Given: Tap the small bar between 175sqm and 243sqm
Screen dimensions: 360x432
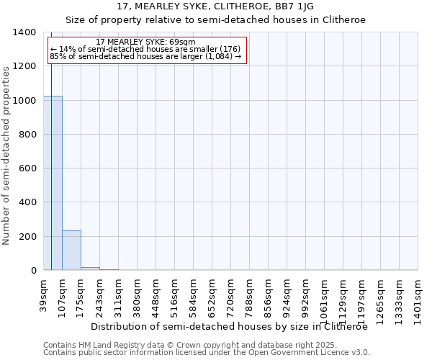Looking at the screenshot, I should click(x=90, y=269).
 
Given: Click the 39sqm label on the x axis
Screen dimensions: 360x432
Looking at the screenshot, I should click(x=44, y=294).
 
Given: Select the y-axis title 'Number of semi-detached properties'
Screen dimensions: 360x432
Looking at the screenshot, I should click(x=6, y=155).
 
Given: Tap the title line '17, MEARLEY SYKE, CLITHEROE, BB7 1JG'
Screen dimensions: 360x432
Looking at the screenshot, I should click(x=215, y=7).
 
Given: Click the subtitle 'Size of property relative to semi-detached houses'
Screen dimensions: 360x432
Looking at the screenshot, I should click(x=215, y=20).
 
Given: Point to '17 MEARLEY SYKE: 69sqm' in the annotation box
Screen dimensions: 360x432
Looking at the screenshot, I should click(x=145, y=42).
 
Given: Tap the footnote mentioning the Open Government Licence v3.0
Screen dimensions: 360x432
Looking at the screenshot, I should click(x=207, y=352).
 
